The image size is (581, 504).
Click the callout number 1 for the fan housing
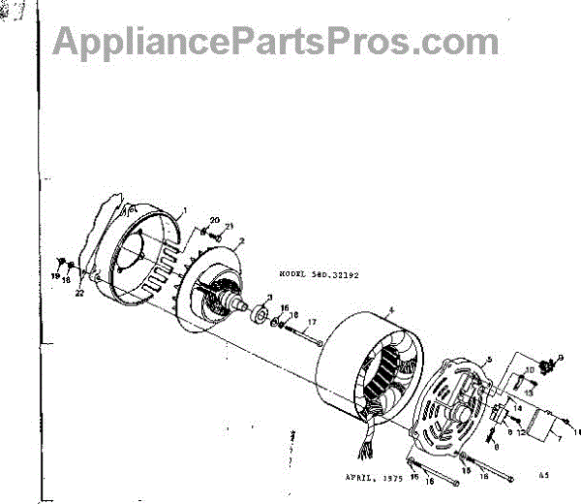click(183, 210)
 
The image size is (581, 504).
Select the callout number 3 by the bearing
click(269, 297)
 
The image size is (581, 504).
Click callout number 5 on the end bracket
click(489, 360)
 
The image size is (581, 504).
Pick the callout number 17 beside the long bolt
click(312, 321)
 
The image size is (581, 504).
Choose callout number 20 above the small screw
click(214, 220)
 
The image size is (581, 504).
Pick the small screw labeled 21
click(216, 238)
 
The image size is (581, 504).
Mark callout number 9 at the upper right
click(558, 360)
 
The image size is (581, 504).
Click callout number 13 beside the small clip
click(529, 391)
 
